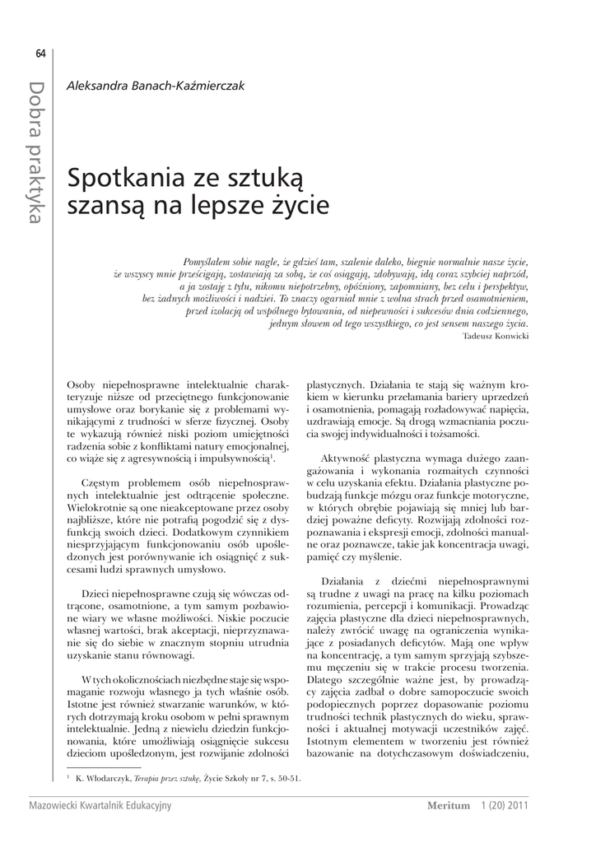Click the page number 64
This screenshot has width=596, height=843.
(x=40, y=54)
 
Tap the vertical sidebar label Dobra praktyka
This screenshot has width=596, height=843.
(x=37, y=151)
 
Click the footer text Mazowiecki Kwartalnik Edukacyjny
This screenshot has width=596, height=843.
(x=100, y=805)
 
